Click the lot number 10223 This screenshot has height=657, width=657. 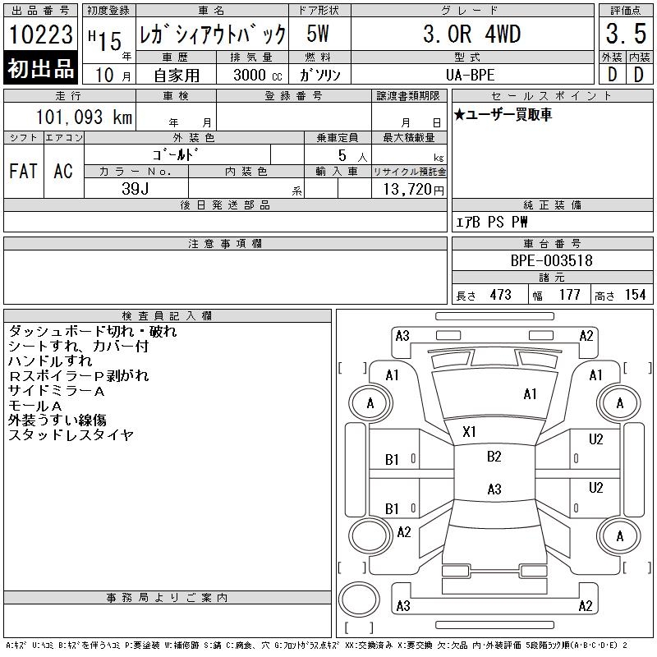tap(41, 34)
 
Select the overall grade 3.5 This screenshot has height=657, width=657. tap(625, 34)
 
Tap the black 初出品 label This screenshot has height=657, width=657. tap(41, 69)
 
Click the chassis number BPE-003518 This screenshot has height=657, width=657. tap(552, 260)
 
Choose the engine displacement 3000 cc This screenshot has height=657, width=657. tap(253, 75)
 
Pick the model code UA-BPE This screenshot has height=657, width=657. tap(471, 75)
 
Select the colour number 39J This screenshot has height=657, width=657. tap(136, 188)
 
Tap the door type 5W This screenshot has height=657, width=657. tap(318, 34)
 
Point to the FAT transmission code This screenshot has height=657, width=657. tap(23, 171)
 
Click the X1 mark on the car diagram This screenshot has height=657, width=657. tap(471, 431)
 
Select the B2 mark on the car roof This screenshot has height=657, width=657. tap(494, 457)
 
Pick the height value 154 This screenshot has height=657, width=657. tap(635, 295)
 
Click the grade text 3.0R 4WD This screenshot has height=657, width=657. tap(471, 34)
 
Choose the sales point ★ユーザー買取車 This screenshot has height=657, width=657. tap(503, 115)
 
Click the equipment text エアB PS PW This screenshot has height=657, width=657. tap(493, 223)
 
